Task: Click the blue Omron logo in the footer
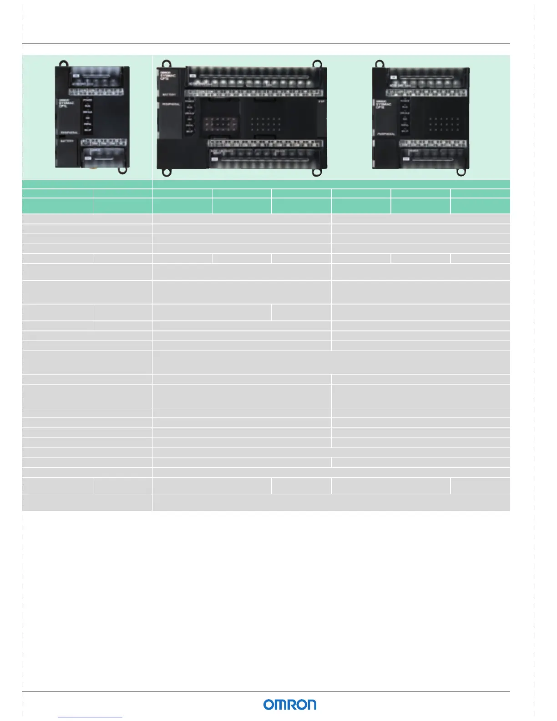[x=289, y=705]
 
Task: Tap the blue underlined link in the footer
[x=90, y=717]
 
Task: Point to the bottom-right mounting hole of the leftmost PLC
[x=122, y=170]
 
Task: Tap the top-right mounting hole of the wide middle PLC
[x=317, y=64]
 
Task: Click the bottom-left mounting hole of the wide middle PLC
[x=167, y=173]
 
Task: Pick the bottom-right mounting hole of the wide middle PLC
[x=317, y=172]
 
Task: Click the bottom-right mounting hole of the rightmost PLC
[x=462, y=173]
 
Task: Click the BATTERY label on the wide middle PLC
[x=169, y=95]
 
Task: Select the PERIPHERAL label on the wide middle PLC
[x=171, y=104]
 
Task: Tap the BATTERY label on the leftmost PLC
[x=67, y=142]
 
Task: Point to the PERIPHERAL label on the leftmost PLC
[x=70, y=132]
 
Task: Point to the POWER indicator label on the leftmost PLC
[x=87, y=100]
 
